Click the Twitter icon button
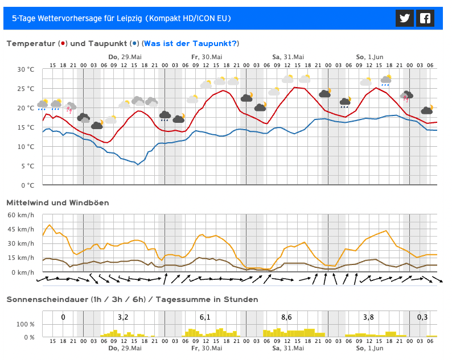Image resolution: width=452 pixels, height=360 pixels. pyautogui.click(x=405, y=18)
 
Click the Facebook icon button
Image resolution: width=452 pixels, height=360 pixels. pyautogui.click(x=425, y=18)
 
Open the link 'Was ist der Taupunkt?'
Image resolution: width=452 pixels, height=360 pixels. pyautogui.click(x=191, y=44)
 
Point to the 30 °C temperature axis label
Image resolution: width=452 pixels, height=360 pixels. pyautogui.click(x=26, y=69)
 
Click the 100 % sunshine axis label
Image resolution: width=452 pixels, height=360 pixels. pyautogui.click(x=26, y=324)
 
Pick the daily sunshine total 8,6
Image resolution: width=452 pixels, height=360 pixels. pyautogui.click(x=286, y=317)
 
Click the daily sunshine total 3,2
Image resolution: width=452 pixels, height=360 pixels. pyautogui.click(x=123, y=317)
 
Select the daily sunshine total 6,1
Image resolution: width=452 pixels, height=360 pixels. pyautogui.click(x=205, y=317)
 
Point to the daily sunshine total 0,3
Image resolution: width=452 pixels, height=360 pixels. pyautogui.click(x=422, y=317)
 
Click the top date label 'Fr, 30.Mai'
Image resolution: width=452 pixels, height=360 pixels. pyautogui.click(x=207, y=57)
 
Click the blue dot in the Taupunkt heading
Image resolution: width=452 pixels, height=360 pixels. pyautogui.click(x=134, y=44)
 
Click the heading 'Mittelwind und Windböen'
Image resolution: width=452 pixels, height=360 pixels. pyautogui.click(x=57, y=203)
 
